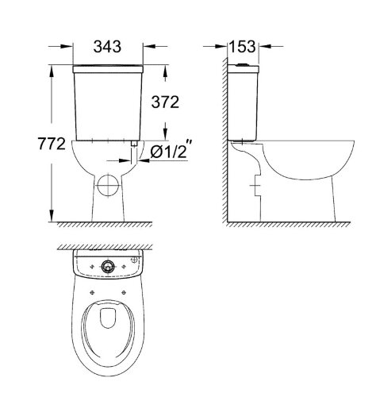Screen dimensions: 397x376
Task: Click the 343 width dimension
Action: tap(107, 47)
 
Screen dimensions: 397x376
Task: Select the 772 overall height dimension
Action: tap(33, 145)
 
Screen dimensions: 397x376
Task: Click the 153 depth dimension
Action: tap(243, 47)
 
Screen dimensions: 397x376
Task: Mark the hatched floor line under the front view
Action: tap(107, 225)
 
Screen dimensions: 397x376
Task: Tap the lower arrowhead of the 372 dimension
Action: tap(165, 136)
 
